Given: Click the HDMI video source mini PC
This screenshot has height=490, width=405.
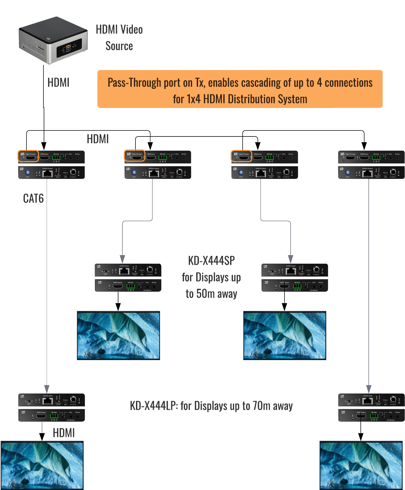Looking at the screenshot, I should [x=53, y=41].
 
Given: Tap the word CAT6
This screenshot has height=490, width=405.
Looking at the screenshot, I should [x=33, y=199].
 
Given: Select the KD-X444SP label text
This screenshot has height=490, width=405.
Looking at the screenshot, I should [x=211, y=261].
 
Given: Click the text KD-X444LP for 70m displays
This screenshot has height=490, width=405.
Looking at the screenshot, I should [x=211, y=406].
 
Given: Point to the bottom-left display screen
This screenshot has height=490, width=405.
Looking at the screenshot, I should [x=42, y=465].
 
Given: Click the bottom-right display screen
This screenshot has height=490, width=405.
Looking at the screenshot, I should [x=361, y=465].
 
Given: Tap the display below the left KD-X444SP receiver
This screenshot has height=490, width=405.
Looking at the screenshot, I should [x=118, y=335].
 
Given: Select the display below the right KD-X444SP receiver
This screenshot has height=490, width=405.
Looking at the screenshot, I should [x=284, y=335].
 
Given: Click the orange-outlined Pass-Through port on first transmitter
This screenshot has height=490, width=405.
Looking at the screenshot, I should [x=29, y=156].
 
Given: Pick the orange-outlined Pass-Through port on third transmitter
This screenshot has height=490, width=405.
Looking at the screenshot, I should [x=242, y=156].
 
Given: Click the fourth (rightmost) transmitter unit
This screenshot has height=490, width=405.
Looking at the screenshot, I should [x=371, y=165].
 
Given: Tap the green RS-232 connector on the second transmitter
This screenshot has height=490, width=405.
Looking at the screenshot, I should [x=163, y=158].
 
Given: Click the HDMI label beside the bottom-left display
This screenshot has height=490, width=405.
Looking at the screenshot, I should [x=64, y=433].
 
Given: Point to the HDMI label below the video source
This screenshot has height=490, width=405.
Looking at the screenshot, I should [x=58, y=83].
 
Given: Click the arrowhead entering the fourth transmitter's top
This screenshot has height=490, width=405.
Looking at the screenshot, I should [x=364, y=146].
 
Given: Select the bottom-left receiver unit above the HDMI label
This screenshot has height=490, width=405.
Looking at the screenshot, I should [x=51, y=408].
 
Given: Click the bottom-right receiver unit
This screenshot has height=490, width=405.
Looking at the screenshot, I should [x=371, y=408].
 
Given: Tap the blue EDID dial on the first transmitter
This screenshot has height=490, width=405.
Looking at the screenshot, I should [x=27, y=172].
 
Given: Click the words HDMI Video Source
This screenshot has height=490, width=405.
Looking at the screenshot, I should [x=119, y=38].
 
